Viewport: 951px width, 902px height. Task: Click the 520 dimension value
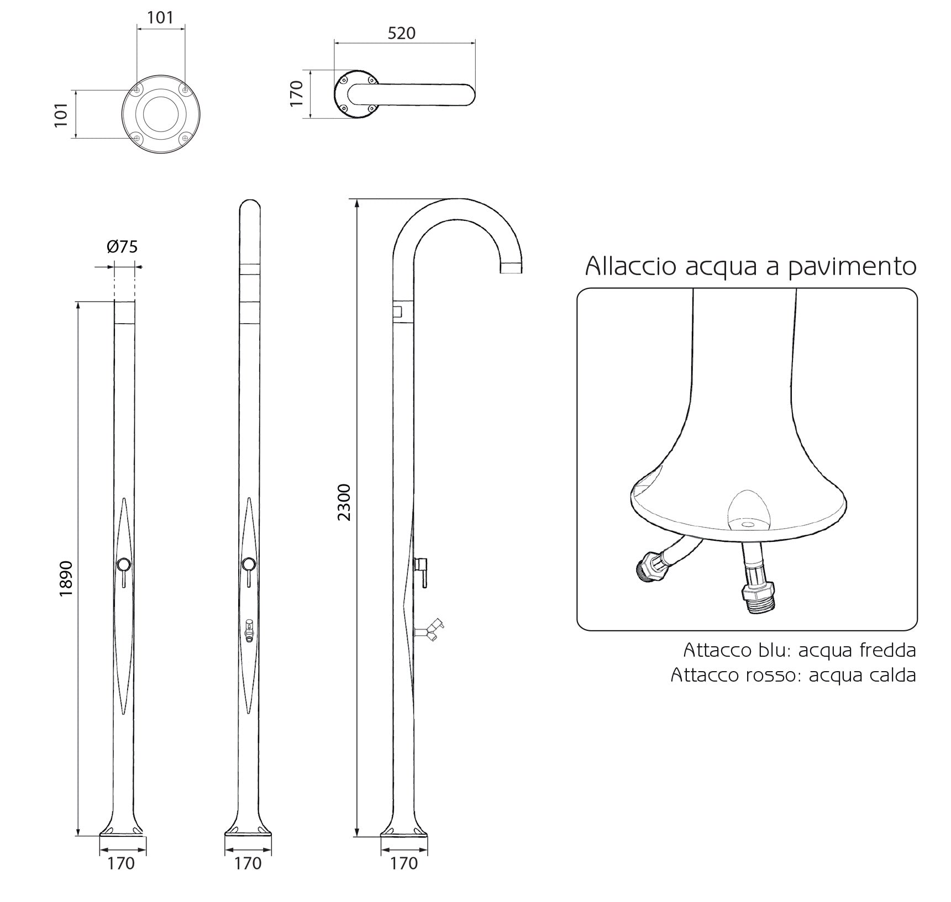click(x=401, y=33)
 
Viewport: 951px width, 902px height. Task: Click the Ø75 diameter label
click(x=122, y=246)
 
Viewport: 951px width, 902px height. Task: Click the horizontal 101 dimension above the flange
click(x=160, y=17)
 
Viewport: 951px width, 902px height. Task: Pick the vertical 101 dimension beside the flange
click(x=61, y=115)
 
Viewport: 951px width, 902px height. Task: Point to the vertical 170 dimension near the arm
click(x=297, y=93)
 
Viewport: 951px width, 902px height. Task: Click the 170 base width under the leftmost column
click(x=121, y=863)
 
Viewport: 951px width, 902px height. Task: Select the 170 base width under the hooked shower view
click(x=404, y=863)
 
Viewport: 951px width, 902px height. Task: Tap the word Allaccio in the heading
click(x=631, y=267)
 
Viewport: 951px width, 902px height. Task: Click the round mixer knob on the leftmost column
click(x=124, y=564)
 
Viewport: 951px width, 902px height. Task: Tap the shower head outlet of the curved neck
click(x=511, y=269)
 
